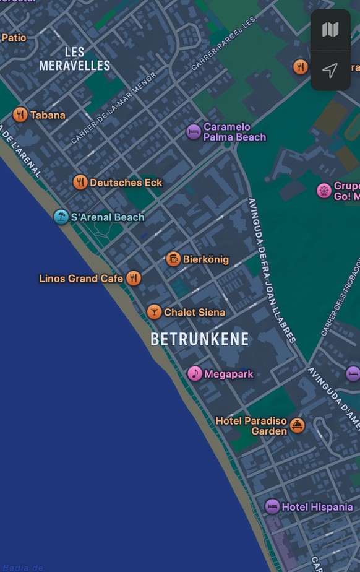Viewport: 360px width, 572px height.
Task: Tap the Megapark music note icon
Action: tap(195, 373)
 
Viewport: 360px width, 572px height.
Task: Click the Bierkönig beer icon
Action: tap(174, 259)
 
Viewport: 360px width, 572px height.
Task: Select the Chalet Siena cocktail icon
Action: tap(154, 312)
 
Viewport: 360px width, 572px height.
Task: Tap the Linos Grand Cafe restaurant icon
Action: tap(134, 278)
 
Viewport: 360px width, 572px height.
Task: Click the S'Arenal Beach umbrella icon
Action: tap(61, 217)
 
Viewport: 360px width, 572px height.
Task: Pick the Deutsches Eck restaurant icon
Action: tap(80, 182)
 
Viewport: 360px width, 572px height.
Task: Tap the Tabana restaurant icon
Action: tap(20, 115)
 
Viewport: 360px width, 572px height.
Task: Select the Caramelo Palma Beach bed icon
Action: tap(194, 132)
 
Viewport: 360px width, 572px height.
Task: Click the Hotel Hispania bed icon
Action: tap(272, 506)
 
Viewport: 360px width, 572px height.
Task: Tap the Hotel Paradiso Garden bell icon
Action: tap(298, 425)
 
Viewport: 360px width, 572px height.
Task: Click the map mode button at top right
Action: tap(330, 29)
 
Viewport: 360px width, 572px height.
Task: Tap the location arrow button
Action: tap(330, 70)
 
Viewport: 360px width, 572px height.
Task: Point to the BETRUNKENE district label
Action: tap(200, 339)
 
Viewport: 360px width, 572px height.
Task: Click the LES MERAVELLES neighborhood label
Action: tap(74, 59)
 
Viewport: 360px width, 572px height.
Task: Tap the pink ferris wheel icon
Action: tap(324, 191)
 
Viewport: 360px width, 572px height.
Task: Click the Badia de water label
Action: tap(23, 567)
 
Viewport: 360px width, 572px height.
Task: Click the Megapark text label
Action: tap(228, 374)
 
